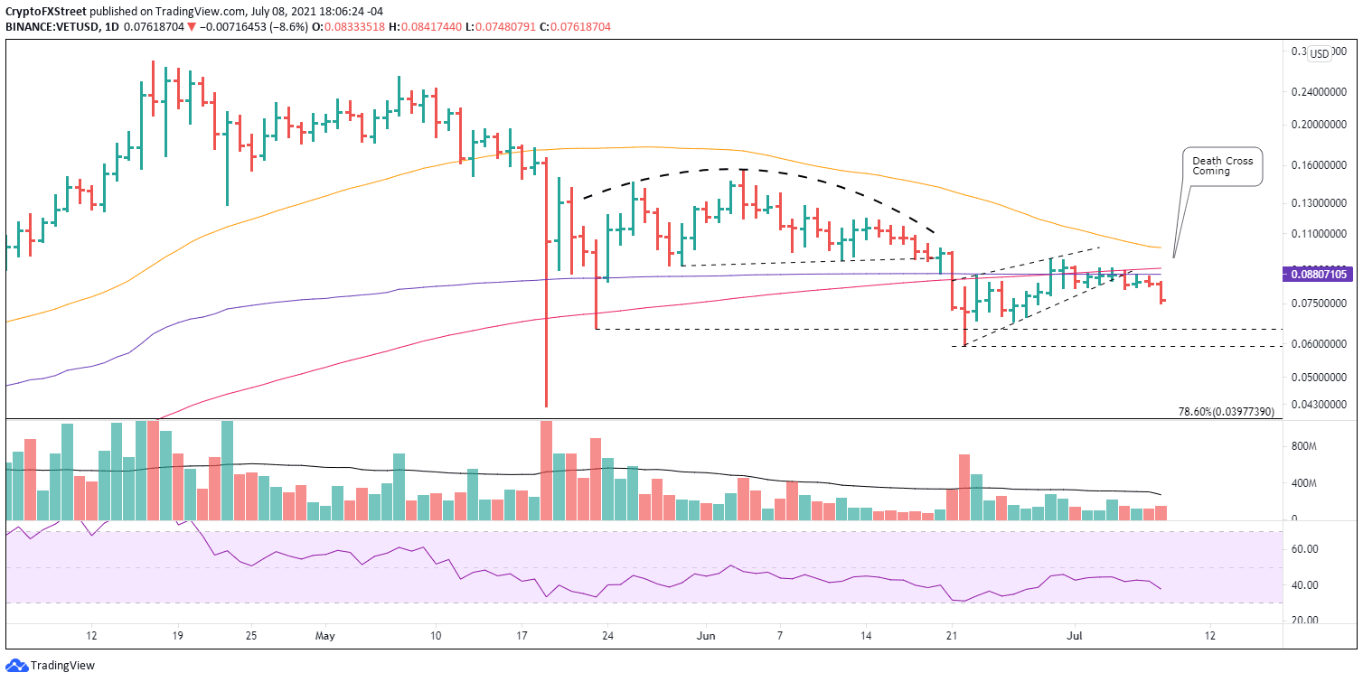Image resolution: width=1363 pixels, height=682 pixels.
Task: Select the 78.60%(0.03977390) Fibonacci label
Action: (x=1227, y=412)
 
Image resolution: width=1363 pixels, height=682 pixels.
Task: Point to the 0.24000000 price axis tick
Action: (x=1317, y=92)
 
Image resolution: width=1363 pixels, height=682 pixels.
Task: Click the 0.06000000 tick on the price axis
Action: (x=1317, y=344)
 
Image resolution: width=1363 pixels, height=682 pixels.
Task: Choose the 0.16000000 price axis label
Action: (x=1317, y=165)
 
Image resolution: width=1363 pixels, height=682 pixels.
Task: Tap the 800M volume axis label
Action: (x=1308, y=446)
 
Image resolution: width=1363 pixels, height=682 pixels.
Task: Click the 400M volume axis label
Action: (x=1308, y=483)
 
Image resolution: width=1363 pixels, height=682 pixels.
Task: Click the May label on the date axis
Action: (x=326, y=636)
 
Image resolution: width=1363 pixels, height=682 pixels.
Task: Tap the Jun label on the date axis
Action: (x=707, y=636)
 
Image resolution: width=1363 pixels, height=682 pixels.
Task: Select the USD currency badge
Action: (x=1320, y=53)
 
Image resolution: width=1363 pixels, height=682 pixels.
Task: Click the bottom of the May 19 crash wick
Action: (x=546, y=406)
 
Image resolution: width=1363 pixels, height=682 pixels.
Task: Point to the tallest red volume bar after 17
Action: (x=546, y=470)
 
